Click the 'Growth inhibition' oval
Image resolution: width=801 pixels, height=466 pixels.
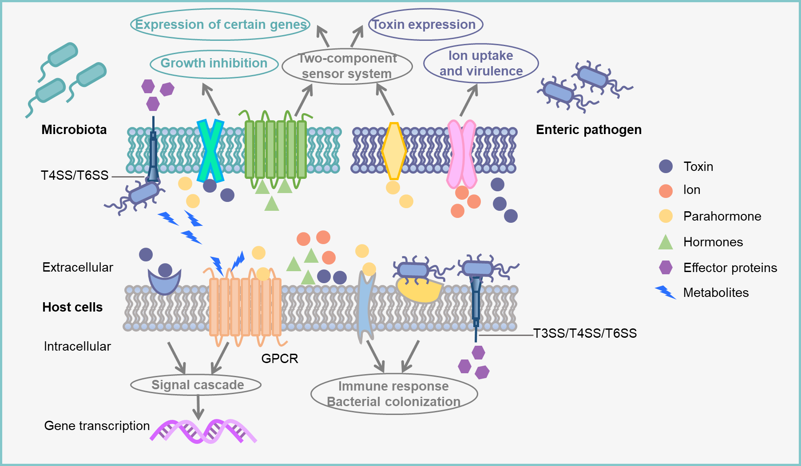[x=214, y=64]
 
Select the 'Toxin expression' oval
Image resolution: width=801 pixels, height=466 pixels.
[x=425, y=24]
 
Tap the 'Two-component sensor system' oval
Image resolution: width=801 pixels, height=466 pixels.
[x=347, y=66]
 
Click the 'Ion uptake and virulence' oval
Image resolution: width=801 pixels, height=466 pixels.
[x=480, y=63]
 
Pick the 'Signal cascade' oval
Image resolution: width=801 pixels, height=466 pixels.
[x=196, y=385]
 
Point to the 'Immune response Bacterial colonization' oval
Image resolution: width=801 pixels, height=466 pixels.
[x=394, y=394]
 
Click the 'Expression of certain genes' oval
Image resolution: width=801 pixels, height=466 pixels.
[x=220, y=24]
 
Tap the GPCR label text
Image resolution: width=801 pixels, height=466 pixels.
[x=279, y=359]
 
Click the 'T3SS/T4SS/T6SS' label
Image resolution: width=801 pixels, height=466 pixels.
[x=585, y=333]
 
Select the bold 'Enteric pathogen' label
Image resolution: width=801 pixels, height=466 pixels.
[x=588, y=130]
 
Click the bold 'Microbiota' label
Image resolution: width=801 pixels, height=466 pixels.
[x=74, y=130]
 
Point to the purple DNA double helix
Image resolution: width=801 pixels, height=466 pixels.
[x=203, y=431]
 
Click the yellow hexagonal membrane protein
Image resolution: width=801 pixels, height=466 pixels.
[x=394, y=151]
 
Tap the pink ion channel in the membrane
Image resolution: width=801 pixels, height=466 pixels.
[x=461, y=154]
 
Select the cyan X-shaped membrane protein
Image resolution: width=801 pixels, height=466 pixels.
[x=210, y=151]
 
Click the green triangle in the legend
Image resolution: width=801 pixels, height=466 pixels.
[x=665, y=242]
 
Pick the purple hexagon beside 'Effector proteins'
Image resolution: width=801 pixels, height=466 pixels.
[x=666, y=268]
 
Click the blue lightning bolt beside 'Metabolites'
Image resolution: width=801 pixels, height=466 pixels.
[x=666, y=292]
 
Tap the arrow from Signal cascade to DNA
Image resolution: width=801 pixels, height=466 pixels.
[x=198, y=407]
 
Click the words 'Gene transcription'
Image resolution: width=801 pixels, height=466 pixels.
[x=97, y=426]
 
